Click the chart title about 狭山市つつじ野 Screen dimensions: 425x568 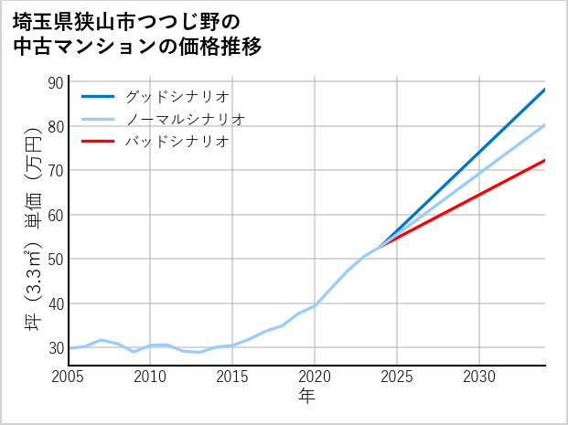(x=137, y=34)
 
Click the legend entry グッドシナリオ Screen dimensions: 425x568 (x=177, y=96)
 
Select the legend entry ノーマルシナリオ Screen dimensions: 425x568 (x=185, y=119)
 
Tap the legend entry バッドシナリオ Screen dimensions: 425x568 (x=177, y=142)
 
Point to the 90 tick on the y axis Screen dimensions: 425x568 (x=54, y=82)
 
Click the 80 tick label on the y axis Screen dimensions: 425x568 (x=54, y=126)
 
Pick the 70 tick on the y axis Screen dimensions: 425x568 (x=54, y=171)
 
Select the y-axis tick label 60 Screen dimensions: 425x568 (x=54, y=215)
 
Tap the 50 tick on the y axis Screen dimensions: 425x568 (x=54, y=259)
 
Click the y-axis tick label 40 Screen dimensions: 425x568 (x=54, y=303)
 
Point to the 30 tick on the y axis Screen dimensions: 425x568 (x=54, y=347)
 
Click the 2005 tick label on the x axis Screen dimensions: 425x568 (x=69, y=377)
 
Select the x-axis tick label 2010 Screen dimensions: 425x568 (x=151, y=377)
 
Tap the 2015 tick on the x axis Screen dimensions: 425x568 (x=232, y=377)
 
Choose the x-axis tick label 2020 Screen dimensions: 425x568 (x=315, y=377)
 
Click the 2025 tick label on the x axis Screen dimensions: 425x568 (x=397, y=377)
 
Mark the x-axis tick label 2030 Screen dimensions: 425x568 (x=479, y=377)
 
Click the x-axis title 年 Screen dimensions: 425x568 (x=307, y=397)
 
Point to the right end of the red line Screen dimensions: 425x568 (x=544, y=161)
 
